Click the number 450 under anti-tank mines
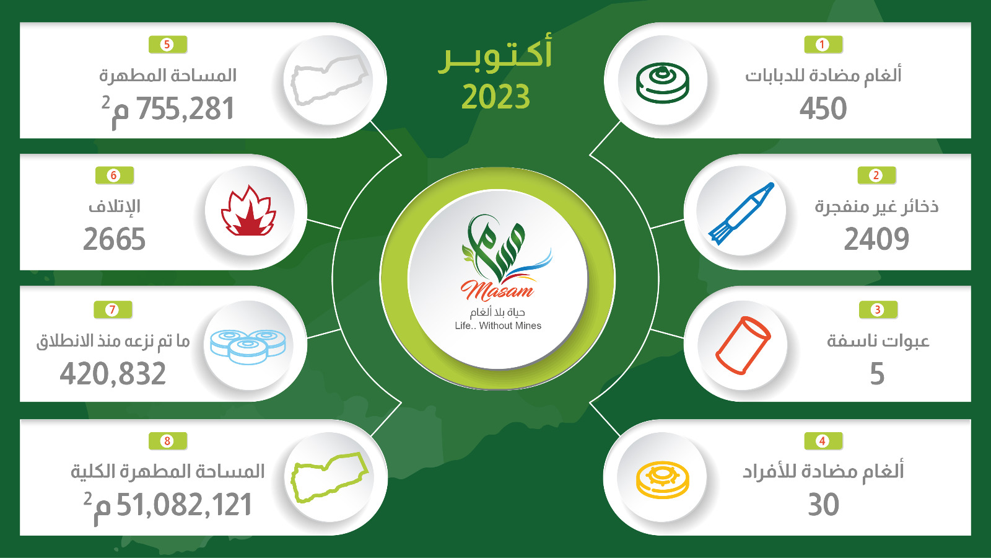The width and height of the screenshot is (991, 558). [x=823, y=108]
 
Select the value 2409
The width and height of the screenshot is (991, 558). [x=876, y=239]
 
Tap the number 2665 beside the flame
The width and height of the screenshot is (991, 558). [x=114, y=239]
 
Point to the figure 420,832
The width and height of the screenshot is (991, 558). [x=113, y=373]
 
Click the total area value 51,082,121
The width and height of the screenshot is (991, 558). [x=184, y=505]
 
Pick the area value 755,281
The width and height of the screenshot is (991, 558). [x=185, y=108]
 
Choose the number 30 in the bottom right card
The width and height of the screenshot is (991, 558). [x=823, y=505]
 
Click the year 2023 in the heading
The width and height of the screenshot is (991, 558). [x=495, y=97]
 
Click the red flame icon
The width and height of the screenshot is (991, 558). [x=248, y=211]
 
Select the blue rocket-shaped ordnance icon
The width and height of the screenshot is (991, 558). [x=741, y=213]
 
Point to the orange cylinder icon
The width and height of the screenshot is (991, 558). [x=743, y=345]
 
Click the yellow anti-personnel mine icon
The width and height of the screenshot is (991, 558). [x=662, y=480]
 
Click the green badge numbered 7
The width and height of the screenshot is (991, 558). [x=113, y=309]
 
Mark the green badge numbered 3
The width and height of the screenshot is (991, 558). [x=878, y=309]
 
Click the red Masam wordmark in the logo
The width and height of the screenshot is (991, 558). [x=497, y=291]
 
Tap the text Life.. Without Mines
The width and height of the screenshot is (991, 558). [x=498, y=326]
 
